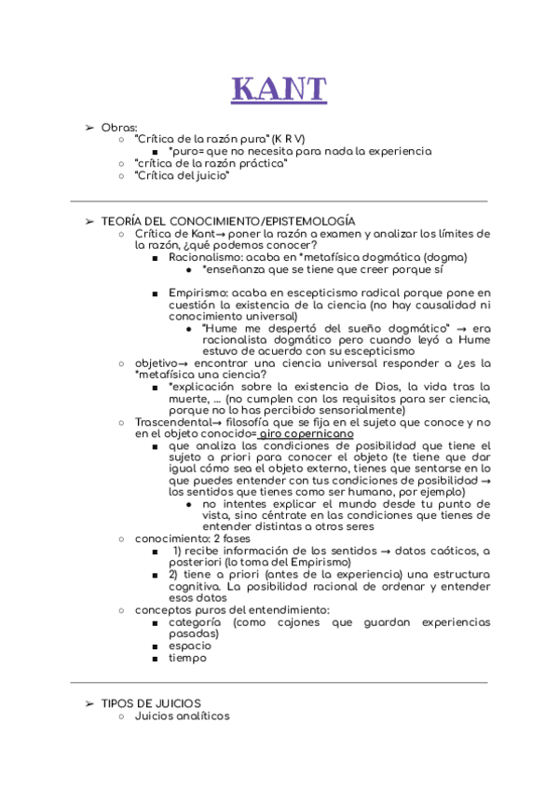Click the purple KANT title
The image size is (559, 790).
pos(279,89)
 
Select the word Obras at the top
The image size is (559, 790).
pos(119,127)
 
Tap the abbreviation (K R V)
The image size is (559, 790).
pos(289,139)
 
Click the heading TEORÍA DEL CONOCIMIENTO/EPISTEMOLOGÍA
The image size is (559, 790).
pos(228,221)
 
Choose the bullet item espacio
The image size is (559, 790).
pos(190,646)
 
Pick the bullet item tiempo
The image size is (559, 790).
pos(187,658)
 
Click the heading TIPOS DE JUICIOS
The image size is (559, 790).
pos(151,702)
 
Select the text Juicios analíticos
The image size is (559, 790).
pos(182,715)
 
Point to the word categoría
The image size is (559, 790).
pos(195,621)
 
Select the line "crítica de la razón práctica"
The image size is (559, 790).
pos(211,163)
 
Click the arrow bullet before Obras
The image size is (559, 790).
pos(89,127)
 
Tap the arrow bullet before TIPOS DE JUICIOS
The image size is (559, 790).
pos(89,702)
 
